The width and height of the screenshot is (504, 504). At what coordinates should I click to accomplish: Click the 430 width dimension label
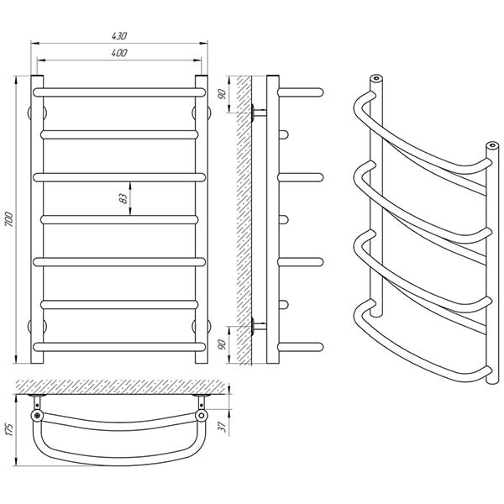[x=119, y=35]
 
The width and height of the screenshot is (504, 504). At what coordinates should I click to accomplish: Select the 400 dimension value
[x=119, y=53]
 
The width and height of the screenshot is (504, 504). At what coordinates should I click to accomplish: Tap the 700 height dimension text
[x=9, y=219]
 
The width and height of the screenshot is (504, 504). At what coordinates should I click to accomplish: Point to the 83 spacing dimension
[x=123, y=198]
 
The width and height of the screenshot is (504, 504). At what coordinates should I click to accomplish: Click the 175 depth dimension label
[x=9, y=429]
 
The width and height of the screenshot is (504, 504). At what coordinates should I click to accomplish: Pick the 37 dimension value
[x=223, y=427]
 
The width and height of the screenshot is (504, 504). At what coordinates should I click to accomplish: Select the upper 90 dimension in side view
[x=223, y=94]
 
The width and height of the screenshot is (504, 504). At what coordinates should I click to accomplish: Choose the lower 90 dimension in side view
[x=223, y=344]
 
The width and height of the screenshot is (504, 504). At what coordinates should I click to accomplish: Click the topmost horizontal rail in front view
[x=119, y=92]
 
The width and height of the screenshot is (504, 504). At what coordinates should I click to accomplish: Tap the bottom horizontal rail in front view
[x=119, y=347]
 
